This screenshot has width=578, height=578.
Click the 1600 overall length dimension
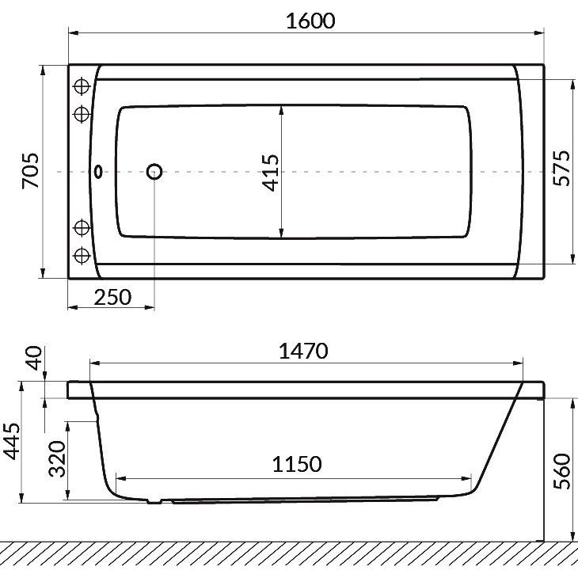click(310, 21)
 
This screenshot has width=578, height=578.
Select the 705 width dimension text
click(30, 170)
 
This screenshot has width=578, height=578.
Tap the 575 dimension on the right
click(562, 168)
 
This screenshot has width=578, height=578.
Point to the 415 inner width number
click(270, 173)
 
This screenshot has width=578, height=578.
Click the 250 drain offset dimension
click(112, 297)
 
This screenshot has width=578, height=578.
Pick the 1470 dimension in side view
click(303, 351)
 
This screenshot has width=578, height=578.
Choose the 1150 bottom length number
click(297, 464)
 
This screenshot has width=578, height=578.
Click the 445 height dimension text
click(11, 441)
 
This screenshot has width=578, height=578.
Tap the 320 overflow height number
click(58, 459)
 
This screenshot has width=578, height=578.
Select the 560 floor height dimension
click(562, 471)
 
